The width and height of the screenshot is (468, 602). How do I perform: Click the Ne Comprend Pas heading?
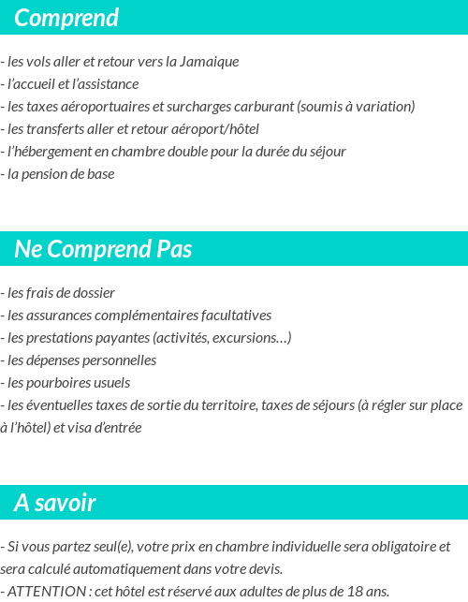point(103,249)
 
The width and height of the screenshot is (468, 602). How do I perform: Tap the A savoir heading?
point(55,503)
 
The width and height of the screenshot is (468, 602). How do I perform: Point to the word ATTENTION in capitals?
point(45,592)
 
